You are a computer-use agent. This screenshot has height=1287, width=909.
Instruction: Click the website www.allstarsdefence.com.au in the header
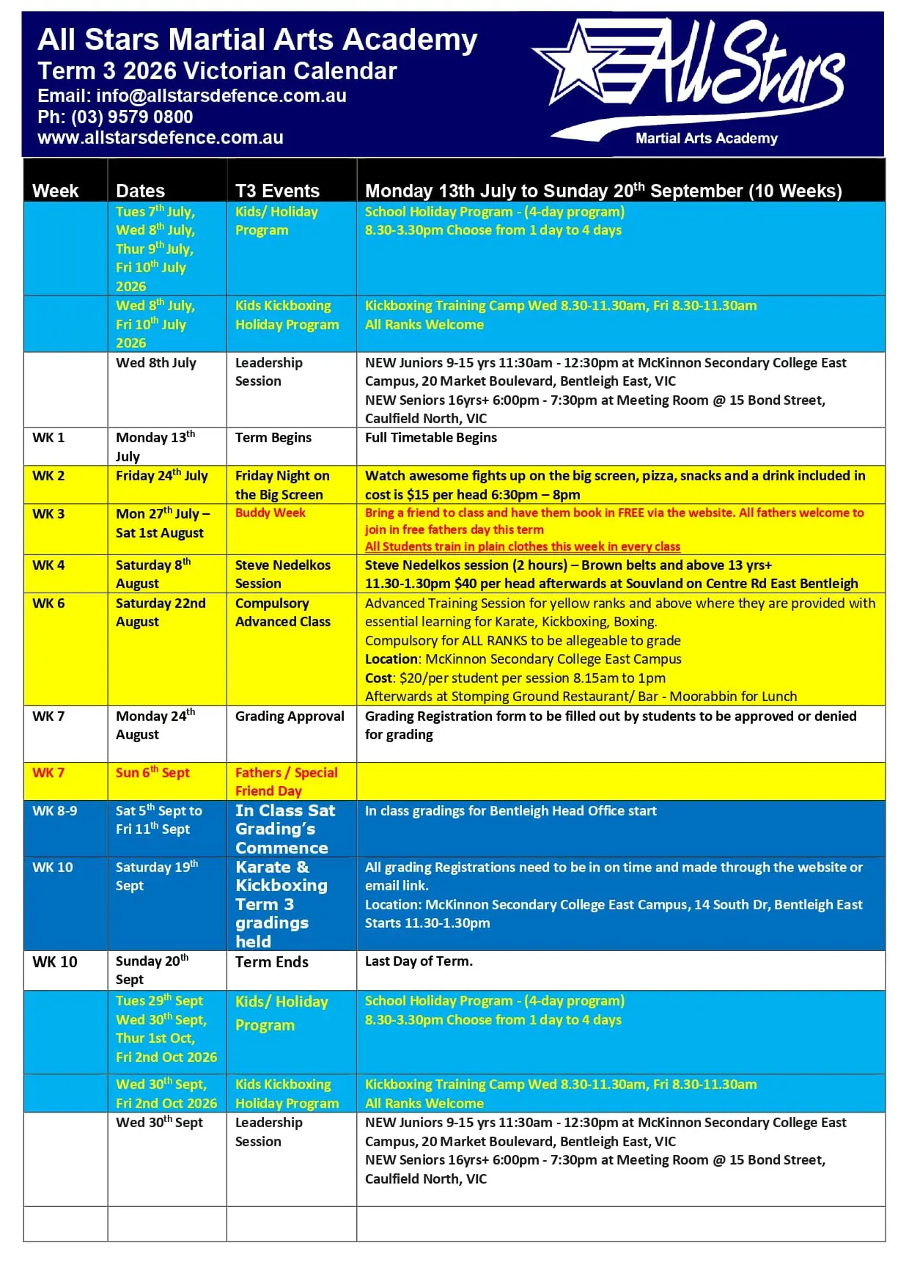[160, 138]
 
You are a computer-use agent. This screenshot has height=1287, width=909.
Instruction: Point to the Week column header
[55, 191]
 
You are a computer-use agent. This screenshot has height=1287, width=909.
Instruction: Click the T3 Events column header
[277, 191]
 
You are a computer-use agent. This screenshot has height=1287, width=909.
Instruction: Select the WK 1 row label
[48, 438]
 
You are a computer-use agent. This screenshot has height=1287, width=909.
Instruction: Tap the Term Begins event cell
[273, 438]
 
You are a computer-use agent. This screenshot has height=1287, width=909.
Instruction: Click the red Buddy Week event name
[270, 513]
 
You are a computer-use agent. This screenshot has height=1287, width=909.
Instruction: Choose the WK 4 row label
[48, 565]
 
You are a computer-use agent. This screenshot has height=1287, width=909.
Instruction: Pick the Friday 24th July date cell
[161, 476]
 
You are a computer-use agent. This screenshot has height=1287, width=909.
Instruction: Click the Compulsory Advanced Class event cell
[282, 612]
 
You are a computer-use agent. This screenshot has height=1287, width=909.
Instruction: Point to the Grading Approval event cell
[290, 716]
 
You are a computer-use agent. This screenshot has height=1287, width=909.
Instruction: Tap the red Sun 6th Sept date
[152, 773]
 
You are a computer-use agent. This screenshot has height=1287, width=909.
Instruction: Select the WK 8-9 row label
[54, 811]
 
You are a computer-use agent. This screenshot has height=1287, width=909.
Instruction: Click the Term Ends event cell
[271, 962]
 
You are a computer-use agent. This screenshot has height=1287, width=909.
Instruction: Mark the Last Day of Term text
[419, 961]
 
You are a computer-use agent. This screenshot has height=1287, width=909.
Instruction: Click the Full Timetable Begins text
[430, 438]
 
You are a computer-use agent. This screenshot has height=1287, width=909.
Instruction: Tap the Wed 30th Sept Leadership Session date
[159, 1123]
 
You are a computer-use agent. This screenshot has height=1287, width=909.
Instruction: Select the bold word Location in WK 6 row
[391, 659]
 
